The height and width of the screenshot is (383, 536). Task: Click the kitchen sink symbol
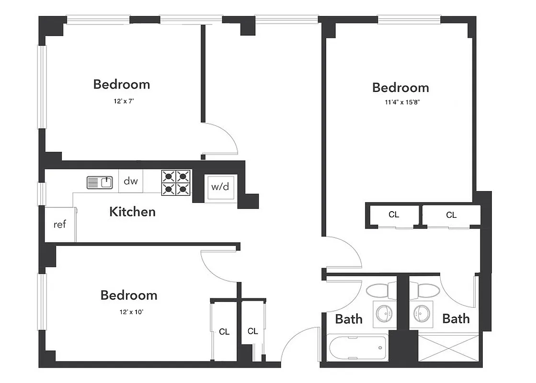100,182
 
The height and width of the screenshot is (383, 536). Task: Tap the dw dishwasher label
131,181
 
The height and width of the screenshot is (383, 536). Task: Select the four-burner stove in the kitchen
175,182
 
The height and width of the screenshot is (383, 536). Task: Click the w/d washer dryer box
220,187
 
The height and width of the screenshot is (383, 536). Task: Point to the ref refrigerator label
59,224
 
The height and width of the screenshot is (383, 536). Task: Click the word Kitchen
133,212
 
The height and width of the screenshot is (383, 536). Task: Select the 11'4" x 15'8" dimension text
400,102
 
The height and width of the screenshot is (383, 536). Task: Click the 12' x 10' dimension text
129,312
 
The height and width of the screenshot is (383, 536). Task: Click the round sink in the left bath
384,314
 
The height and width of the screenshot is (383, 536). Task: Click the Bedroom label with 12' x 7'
122,84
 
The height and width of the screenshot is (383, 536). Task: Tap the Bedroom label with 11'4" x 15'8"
400,88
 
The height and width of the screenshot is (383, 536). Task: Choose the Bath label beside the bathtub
349,319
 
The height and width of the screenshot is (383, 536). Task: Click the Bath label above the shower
456,318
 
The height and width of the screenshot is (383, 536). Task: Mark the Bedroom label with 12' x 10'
129,295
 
